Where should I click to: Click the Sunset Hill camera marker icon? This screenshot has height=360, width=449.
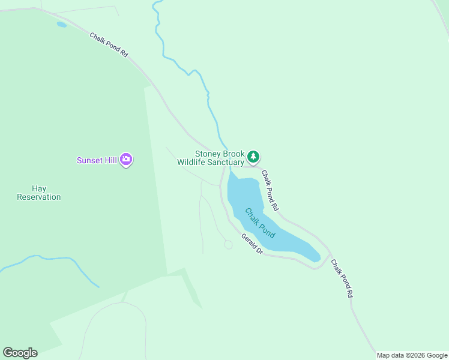[126, 160]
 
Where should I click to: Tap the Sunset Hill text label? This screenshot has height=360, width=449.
[97, 160]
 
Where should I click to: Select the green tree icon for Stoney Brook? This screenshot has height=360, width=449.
[254, 157]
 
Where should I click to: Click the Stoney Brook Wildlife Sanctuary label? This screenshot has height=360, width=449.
[211, 158]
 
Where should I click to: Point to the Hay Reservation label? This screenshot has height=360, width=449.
[39, 193]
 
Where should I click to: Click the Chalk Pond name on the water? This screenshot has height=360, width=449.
[260, 223]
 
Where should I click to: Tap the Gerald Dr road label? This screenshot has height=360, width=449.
[252, 243]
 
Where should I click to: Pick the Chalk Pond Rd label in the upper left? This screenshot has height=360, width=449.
[109, 45]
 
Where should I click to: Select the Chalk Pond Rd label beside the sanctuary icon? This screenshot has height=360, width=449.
[270, 190]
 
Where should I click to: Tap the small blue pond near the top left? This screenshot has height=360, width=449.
[61, 25]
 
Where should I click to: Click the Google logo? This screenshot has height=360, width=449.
[20, 353]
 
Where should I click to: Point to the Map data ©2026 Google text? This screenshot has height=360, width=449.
[412, 355]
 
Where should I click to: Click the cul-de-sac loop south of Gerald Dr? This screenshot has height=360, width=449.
[228, 244]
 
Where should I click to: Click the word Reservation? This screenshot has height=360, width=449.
[39, 197]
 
